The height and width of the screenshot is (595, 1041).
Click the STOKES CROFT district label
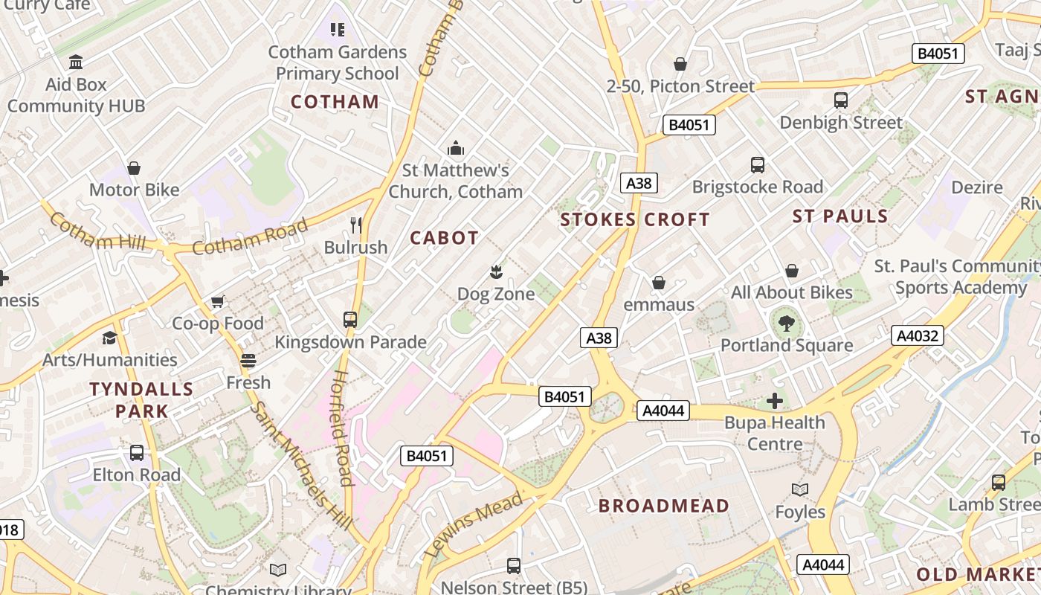click(x=635, y=219)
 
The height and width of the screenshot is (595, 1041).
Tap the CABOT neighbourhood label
click(x=445, y=238)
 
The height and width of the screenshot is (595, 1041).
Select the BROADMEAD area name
click(x=664, y=506)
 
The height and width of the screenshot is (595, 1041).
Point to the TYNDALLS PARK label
click(x=141, y=399)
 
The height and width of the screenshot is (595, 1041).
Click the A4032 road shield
click(x=918, y=335)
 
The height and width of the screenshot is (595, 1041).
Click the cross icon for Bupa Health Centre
click(x=775, y=401)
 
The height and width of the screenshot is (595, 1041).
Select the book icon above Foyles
click(x=800, y=490)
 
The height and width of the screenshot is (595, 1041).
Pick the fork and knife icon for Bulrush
click(x=356, y=225)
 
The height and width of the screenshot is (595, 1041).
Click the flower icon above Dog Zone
click(x=496, y=272)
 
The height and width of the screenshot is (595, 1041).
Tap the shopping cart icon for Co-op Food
click(x=218, y=301)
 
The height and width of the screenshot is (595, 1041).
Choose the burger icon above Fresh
click(x=248, y=361)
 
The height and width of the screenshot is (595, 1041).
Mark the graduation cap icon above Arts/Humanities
click(x=110, y=338)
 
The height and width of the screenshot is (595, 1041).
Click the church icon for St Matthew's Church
click(x=456, y=149)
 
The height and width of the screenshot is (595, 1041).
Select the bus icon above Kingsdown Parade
click(x=350, y=320)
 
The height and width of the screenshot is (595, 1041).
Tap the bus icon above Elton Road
click(x=137, y=453)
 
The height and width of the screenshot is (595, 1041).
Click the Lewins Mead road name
click(x=474, y=525)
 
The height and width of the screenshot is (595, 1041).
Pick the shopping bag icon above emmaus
click(x=658, y=283)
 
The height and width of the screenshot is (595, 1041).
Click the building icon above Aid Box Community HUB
click(x=76, y=62)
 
